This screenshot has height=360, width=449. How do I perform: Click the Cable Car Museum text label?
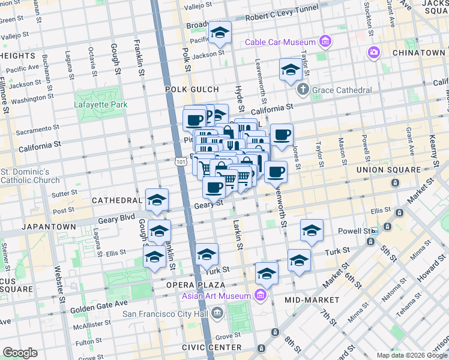280,42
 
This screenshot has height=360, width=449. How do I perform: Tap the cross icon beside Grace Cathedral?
304,90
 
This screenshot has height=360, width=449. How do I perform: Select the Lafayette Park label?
101,103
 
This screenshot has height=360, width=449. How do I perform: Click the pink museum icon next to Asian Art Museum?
260,296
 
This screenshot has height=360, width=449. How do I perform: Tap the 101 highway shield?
181,161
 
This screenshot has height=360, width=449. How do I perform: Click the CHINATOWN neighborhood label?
418,53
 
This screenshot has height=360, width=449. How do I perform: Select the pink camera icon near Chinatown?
374,53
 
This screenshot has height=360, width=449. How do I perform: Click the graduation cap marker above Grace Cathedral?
291,70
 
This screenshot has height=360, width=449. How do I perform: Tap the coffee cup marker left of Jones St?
282,135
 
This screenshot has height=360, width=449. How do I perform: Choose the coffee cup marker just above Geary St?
214,188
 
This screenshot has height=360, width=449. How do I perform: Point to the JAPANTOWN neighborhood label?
49,227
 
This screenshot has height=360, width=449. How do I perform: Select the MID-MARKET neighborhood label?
312,299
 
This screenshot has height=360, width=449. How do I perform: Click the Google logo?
20,353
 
